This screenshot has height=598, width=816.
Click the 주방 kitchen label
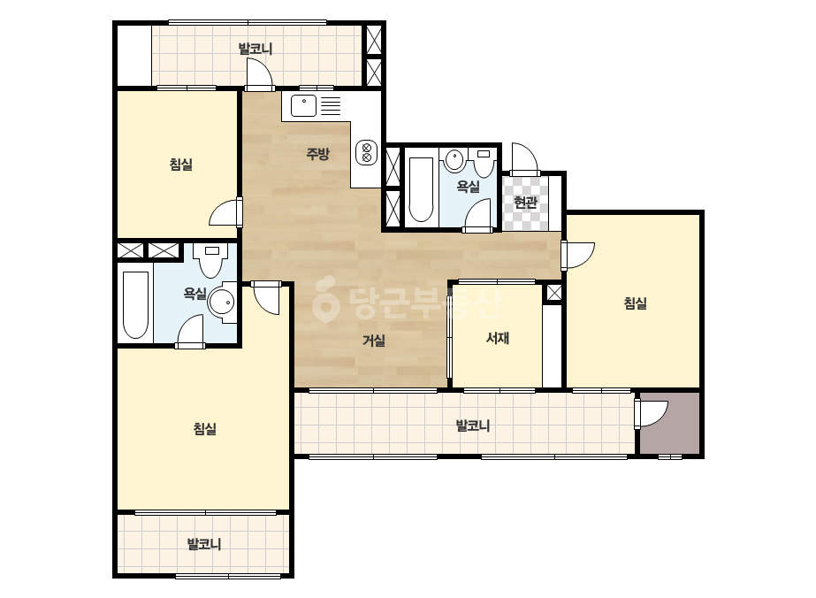[x=317, y=154]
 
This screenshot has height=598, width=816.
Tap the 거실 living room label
[x=374, y=341]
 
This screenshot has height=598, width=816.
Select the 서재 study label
[x=498, y=339]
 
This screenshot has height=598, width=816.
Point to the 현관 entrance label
[x=525, y=202]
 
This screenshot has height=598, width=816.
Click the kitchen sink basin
[x=303, y=106]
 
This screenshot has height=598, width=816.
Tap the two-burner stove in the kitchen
[x=366, y=152]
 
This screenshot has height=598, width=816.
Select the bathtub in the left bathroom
[x=135, y=304]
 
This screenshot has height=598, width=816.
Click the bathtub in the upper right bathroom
[x=421, y=189]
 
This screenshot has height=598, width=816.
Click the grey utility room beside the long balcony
[x=670, y=423]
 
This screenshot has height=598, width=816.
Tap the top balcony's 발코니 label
[x=255, y=49]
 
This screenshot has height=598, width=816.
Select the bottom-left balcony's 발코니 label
[x=204, y=544]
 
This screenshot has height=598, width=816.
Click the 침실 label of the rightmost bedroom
[x=635, y=303]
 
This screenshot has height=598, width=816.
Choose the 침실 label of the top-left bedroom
[x=181, y=165]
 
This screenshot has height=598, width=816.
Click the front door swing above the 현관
[x=523, y=157]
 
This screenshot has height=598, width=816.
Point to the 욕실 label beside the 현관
[x=468, y=187]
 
